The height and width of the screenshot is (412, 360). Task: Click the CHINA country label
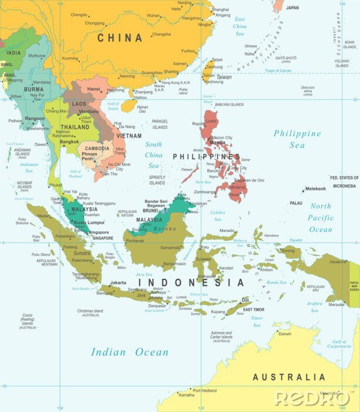click(119, 38)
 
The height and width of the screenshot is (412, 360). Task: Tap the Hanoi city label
click(94, 89)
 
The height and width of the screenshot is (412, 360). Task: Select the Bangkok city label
click(69, 142)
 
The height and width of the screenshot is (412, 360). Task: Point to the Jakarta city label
click(118, 283)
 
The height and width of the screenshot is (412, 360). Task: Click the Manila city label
click(217, 142)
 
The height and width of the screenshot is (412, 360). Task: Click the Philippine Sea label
click(297, 139)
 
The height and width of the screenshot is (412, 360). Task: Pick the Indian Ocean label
click(129, 352)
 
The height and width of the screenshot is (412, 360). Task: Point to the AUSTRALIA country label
click(288, 377)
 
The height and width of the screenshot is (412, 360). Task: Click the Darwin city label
click(285, 334)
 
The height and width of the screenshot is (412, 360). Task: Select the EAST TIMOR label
click(256, 309)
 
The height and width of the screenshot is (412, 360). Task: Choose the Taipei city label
click(217, 59)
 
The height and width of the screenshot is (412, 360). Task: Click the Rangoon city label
click(35, 118)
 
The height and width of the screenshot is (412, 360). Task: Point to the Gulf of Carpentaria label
click(339, 344)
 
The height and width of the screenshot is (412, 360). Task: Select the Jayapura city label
click(338, 261)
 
